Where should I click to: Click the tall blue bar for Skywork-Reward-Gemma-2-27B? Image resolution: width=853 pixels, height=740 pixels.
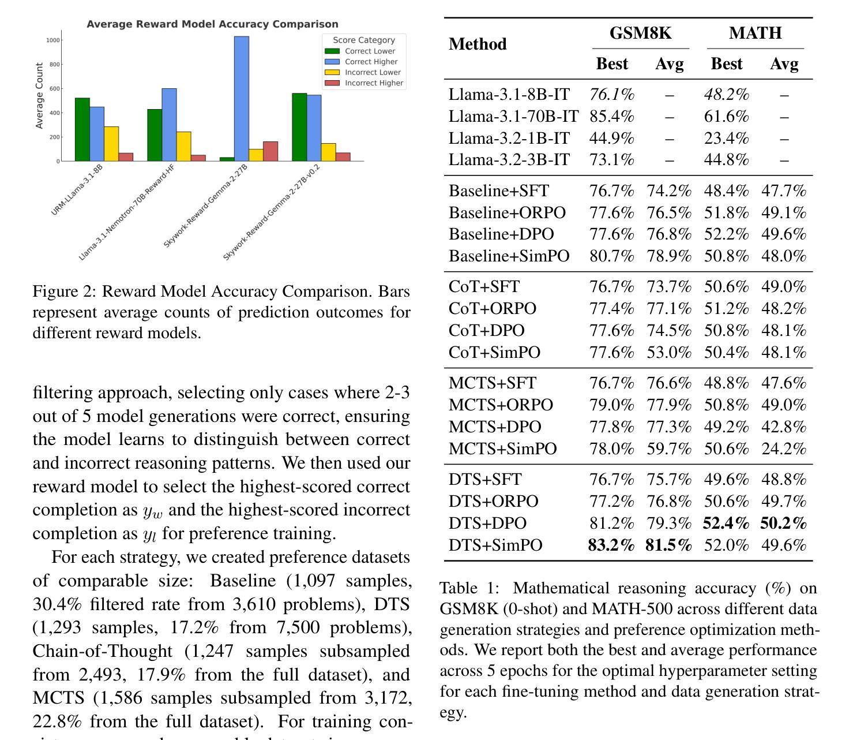click(242, 99)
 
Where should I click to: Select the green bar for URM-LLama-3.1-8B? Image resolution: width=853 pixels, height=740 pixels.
click(82, 129)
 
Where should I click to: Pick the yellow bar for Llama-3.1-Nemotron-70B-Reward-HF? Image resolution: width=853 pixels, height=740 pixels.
click(183, 146)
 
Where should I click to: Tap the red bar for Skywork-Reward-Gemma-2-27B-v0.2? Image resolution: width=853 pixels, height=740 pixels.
click(343, 157)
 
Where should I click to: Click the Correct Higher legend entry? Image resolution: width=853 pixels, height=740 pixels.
click(361, 62)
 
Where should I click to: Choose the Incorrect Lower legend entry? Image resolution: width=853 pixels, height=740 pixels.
click(363, 72)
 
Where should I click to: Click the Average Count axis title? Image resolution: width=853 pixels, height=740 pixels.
click(39, 96)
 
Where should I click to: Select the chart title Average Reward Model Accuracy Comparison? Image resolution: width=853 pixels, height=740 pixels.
click(212, 24)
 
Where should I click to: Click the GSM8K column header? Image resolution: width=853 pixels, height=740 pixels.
click(641, 33)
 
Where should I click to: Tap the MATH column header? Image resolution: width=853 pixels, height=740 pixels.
click(755, 33)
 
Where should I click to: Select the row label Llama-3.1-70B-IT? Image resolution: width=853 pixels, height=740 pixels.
click(513, 117)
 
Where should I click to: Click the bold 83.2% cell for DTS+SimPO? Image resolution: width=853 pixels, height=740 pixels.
click(611, 545)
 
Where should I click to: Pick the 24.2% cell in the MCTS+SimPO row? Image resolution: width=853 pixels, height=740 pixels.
click(784, 449)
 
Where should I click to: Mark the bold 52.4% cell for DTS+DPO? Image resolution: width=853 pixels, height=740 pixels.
click(726, 523)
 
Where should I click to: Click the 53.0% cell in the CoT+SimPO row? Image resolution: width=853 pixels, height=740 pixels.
click(669, 352)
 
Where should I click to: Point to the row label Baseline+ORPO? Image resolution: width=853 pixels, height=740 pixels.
click(507, 212)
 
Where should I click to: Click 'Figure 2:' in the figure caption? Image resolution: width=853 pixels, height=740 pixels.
click(65, 291)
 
